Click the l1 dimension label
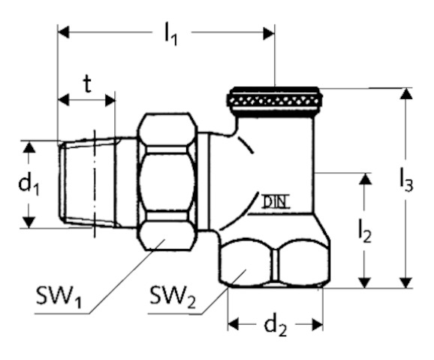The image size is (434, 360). (x=170, y=34)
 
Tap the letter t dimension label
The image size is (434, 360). (x=87, y=84)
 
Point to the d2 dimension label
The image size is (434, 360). (x=276, y=326)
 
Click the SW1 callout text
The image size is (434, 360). (x=59, y=297)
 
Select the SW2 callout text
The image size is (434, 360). (x=173, y=297)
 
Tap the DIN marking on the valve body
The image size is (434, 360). (x=276, y=202)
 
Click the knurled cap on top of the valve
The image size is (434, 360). (x=274, y=102)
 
